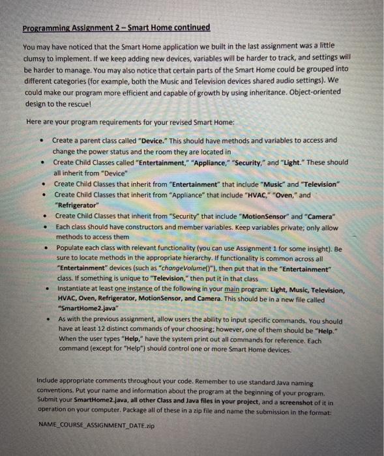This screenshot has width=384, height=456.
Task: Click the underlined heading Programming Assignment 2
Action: [x=116, y=27]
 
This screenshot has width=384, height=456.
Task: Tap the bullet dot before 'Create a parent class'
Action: [x=41, y=141]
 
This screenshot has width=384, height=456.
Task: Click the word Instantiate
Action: [x=76, y=288]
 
